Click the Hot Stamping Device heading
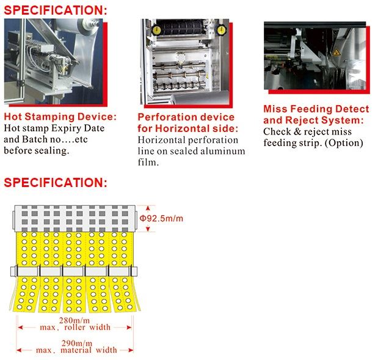[x=60, y=117]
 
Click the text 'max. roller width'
[x=76, y=327]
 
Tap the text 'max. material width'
[x=76, y=350]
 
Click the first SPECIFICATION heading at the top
[x=56, y=10]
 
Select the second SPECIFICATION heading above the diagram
[x=56, y=182]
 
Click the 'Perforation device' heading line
[x=186, y=117]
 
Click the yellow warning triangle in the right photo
[x=335, y=53]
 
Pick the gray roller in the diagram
[x=73, y=217]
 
